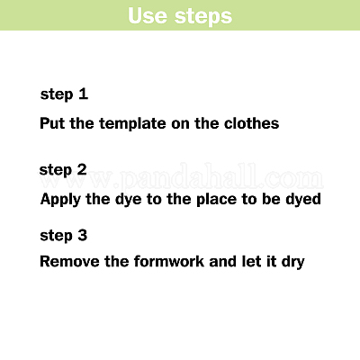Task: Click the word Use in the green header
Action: tap(147, 15)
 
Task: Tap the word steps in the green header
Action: tap(203, 17)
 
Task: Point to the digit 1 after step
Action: tap(83, 94)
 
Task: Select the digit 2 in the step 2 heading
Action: tap(82, 169)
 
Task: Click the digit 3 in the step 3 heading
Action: tap(83, 235)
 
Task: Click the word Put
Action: tap(52, 123)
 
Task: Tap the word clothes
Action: tap(251, 123)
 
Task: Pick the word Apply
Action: tap(60, 200)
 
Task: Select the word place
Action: tap(216, 200)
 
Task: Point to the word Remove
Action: tap(70, 261)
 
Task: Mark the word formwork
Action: tap(169, 261)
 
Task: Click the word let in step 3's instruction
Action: tap(251, 261)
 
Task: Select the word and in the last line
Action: tap(223, 261)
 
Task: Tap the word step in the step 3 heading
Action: tap(57, 236)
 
